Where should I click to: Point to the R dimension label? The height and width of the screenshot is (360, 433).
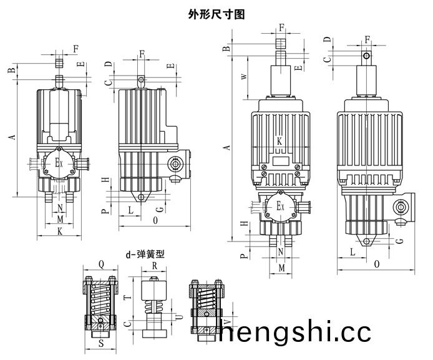pos(154,265)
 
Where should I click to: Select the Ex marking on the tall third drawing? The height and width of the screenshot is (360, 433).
pos(281,205)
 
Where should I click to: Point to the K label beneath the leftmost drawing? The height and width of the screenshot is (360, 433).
pos(59,231)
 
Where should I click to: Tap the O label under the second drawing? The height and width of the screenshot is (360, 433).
pos(154,220)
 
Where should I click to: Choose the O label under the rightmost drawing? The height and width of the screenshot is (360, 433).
pos(377,265)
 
